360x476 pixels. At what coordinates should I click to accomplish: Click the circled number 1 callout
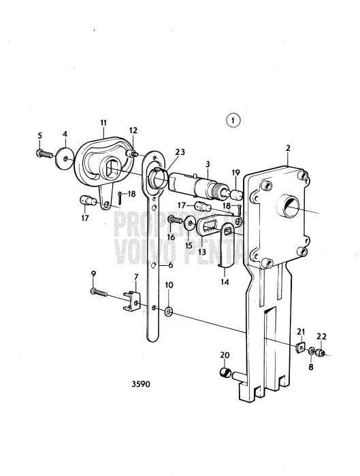233,120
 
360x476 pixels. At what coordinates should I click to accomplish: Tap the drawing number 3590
141,384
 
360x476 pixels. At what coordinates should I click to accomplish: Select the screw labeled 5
44,154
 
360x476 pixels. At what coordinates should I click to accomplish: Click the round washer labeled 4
65,158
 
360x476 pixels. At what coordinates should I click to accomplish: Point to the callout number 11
103,123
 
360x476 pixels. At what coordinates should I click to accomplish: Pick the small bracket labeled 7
132,301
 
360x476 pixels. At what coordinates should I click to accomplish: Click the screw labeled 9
99,292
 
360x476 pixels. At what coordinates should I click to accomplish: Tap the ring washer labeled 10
169,311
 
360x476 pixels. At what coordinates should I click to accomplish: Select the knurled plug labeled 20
225,373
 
